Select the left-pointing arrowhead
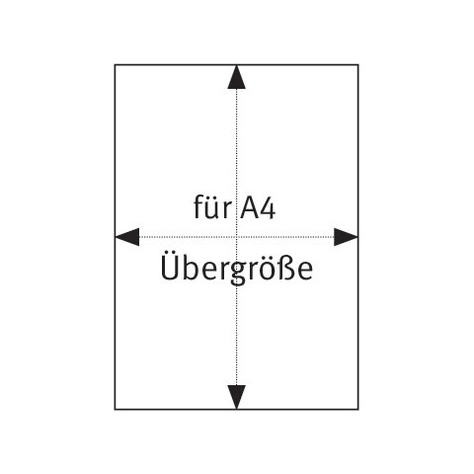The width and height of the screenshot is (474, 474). point(127,237)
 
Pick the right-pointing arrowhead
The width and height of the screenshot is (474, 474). point(346,237)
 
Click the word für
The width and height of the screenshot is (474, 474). point(212,206)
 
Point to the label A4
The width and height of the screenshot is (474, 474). point(258,207)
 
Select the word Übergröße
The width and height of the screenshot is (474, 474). point(237,269)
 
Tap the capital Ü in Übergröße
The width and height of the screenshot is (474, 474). point(170,266)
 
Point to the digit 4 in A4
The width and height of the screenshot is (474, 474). point(268,208)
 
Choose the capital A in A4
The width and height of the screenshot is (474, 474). point(249,207)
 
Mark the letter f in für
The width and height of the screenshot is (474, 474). point(198,206)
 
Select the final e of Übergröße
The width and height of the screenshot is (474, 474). point(304,272)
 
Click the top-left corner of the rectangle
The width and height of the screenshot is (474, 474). point(115,65)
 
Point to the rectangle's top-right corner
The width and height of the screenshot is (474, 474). point(358,65)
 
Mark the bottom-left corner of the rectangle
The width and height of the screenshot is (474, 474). point(115,410)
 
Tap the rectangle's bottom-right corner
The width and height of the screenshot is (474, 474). point(358,410)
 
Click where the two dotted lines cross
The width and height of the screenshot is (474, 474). point(236,237)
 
